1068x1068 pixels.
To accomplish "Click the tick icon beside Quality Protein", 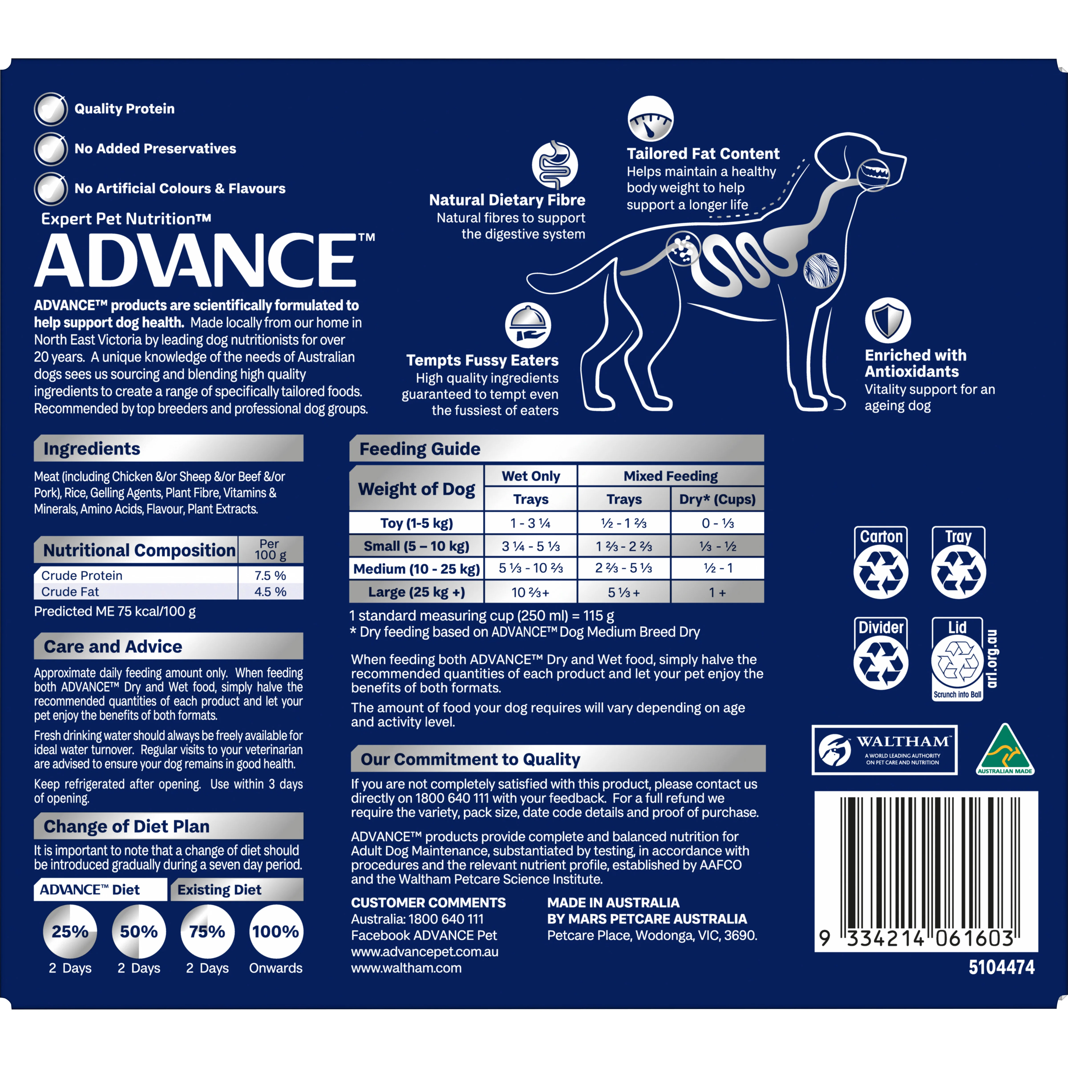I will (51, 109).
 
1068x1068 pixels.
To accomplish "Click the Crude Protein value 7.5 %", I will (270, 575).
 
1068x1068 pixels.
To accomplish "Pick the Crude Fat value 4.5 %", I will (270, 591).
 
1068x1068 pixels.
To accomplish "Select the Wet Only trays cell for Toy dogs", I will (530, 523).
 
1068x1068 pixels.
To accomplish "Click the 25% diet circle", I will (70, 931).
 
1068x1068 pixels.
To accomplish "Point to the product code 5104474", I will (1001, 967).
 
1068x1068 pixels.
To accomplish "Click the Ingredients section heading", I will (92, 448).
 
